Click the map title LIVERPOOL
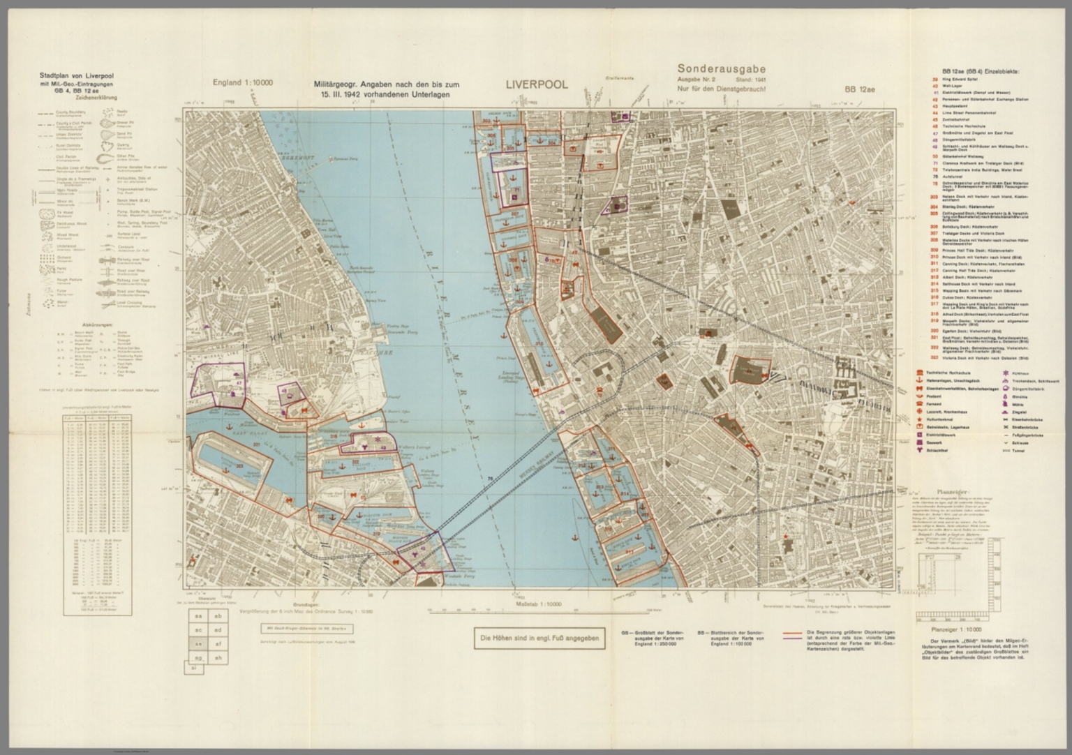(x=537, y=84)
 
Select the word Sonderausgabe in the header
(x=722, y=69)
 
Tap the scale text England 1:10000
(x=242, y=83)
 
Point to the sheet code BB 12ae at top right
(x=859, y=89)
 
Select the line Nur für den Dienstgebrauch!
(x=722, y=88)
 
